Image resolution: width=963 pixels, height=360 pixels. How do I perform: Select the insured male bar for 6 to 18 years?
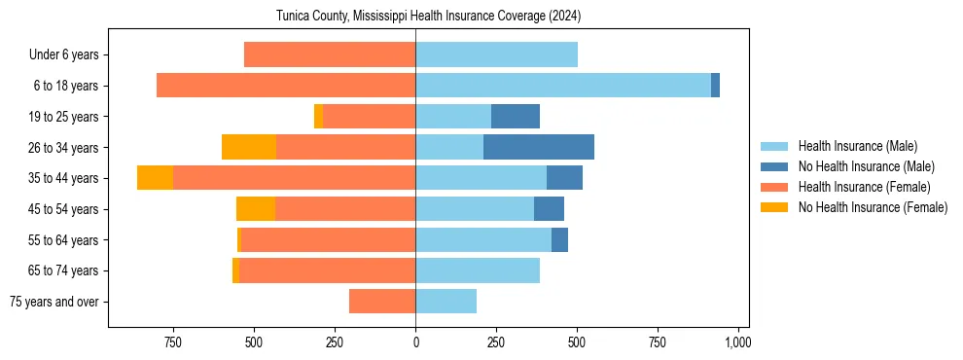tap(563, 86)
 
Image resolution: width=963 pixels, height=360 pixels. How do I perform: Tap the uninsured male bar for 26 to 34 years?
tap(539, 147)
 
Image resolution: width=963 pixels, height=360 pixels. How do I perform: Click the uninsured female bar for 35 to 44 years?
tap(155, 178)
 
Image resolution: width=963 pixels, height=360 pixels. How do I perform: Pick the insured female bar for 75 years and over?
tap(382, 302)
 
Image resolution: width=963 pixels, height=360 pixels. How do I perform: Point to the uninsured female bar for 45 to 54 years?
tap(256, 209)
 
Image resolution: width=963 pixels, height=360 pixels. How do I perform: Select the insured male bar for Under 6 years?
tap(496, 54)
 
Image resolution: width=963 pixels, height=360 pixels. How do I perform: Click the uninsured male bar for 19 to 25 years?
tap(516, 117)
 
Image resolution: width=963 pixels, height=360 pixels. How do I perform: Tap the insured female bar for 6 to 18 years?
tap(286, 86)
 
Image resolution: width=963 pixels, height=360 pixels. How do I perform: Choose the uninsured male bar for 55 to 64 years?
tap(559, 240)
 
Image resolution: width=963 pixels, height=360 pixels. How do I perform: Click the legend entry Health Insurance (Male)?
tap(857, 146)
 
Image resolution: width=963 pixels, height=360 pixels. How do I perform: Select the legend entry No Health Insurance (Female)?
tap(873, 207)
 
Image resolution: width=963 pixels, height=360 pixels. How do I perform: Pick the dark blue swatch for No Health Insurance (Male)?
tap(774, 166)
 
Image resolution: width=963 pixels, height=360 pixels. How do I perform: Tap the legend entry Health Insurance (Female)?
tap(864, 187)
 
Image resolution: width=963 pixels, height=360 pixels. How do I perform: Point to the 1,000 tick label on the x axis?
tap(737, 342)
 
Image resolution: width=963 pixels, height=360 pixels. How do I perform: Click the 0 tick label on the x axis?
tap(415, 342)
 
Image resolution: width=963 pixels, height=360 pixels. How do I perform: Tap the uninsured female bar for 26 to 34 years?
tap(249, 147)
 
